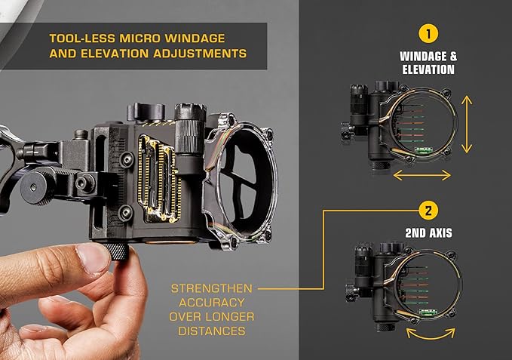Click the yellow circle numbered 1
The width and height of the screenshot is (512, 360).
pos(428,34)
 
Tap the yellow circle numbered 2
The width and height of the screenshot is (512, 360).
pos(428,211)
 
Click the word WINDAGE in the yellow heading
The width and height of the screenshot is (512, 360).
pos(195,38)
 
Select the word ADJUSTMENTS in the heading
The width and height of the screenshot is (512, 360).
pos(200,54)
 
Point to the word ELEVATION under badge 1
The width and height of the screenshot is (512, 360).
pos(428,69)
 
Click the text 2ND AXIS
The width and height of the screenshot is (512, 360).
pos(428,233)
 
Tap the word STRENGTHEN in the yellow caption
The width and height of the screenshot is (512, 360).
pos(212,288)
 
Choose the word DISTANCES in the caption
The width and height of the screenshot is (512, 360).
pos(212,331)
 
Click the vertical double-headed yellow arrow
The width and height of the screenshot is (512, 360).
pos(467,125)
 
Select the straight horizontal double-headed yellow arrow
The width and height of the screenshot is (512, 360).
pos(422,175)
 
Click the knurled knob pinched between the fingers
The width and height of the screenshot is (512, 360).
pos(116,251)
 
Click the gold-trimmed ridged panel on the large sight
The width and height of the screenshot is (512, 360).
pos(158,178)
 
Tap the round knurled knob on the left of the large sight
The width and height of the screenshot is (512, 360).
pos(38,187)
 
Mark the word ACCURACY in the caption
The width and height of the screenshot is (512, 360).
pos(212,303)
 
